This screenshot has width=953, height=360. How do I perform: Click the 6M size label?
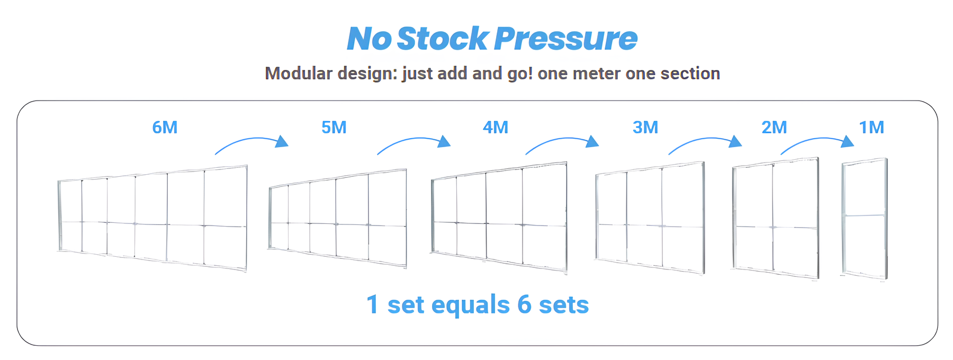tap(165, 128)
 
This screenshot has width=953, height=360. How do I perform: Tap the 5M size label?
tap(334, 128)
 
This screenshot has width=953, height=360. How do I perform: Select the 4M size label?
tap(496, 128)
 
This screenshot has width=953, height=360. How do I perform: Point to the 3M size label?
tap(645, 128)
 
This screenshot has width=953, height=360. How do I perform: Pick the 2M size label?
tap(774, 128)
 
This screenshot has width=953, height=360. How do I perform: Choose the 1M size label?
tap(871, 128)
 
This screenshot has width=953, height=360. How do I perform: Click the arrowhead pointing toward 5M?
tap(282, 141)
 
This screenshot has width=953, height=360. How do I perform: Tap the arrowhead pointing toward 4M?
tap(444, 141)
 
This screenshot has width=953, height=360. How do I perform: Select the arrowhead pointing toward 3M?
tap(592, 141)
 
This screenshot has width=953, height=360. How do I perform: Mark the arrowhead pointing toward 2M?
tap(735, 141)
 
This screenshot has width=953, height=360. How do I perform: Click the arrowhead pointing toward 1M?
tap(848, 141)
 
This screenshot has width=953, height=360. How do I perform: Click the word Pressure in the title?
tap(566, 39)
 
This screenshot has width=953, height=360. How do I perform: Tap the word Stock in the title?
tap(442, 39)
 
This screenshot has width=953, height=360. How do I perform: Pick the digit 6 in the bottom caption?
tap(524, 305)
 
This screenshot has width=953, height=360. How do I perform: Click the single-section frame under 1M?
tap(843, 218)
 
